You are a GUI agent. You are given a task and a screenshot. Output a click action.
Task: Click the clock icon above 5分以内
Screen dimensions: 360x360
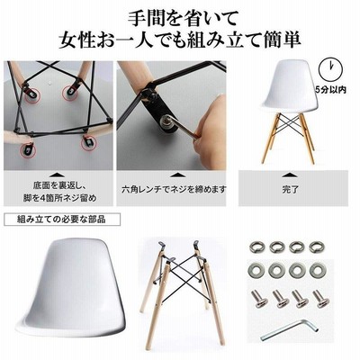pos(331,69)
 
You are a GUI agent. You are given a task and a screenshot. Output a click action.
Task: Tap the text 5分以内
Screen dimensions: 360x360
pos(330,89)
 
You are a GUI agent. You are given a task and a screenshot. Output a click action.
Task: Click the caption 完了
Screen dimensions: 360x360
pos(291,190)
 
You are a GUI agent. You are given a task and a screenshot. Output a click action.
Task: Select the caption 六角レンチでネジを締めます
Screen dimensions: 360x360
pos(174,190)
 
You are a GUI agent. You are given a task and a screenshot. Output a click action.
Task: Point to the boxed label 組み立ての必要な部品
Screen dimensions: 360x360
pos(61,220)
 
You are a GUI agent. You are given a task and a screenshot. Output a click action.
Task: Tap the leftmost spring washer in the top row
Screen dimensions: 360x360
pos(257,247)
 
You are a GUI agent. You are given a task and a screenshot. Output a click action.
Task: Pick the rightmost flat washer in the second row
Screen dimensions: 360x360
pos(318,270)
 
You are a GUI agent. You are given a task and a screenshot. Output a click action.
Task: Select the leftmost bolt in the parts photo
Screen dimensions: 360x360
pos(258,298)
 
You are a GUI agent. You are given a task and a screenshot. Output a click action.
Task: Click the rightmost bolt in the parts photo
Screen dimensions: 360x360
pos(321,299)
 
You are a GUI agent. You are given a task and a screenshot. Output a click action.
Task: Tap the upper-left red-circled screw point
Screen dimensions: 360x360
pos(31,94)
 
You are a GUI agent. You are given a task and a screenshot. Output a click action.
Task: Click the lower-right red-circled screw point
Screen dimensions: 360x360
pos(89,143)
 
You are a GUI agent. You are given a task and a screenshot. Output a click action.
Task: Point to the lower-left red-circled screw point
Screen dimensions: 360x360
pos(28,149)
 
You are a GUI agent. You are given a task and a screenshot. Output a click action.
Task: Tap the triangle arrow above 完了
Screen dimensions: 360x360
pos(290,175)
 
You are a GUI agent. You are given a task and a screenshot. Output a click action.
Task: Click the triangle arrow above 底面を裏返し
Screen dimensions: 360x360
pos(57,175)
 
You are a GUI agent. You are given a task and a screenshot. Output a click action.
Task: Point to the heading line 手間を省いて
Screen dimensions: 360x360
pos(183,19)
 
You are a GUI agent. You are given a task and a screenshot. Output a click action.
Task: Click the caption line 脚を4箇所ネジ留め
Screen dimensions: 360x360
pos(60,198)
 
